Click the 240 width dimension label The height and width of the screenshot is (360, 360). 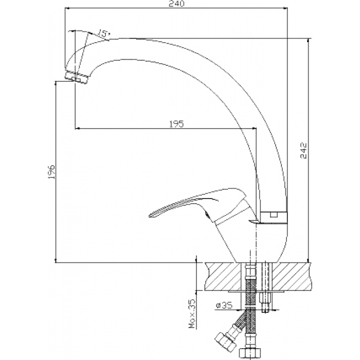click(176, 4)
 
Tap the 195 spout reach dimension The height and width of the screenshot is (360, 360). click(176, 124)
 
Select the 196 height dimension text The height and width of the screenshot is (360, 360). click(51, 172)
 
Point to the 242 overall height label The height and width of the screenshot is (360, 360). click(303, 150)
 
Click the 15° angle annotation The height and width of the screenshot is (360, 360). click(103, 33)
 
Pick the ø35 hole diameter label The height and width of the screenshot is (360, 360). click(224, 305)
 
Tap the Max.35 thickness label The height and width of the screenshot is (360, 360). click(192, 313)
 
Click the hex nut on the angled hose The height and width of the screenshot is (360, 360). click(226, 341)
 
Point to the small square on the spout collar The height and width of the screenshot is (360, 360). click(273, 214)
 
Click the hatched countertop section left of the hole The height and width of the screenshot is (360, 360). click(222, 277)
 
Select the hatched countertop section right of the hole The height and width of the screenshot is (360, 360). click(292, 277)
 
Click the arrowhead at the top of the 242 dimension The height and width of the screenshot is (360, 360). click(309, 41)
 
